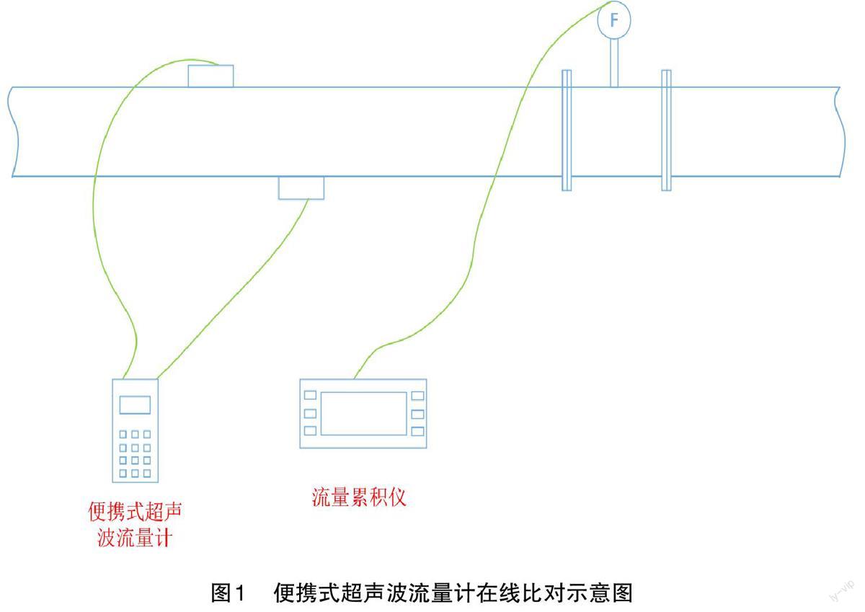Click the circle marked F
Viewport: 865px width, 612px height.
614,21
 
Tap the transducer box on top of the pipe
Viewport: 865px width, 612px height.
210,76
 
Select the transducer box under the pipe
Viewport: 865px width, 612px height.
301,187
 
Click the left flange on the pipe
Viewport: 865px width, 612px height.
567,130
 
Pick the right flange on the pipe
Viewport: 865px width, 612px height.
666,130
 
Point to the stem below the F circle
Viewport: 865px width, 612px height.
614,63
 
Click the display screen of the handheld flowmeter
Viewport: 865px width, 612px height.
135,405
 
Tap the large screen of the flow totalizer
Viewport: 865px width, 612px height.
363,414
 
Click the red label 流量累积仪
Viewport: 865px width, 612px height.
358,497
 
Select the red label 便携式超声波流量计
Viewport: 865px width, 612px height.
135,525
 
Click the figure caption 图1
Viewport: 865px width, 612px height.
228,593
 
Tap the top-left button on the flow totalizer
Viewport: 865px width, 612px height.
310,395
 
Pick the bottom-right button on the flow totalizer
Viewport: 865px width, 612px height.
417,431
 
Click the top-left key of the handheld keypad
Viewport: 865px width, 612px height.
123,435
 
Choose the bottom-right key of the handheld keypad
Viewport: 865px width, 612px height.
147,474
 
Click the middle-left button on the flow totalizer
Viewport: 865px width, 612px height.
310,413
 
